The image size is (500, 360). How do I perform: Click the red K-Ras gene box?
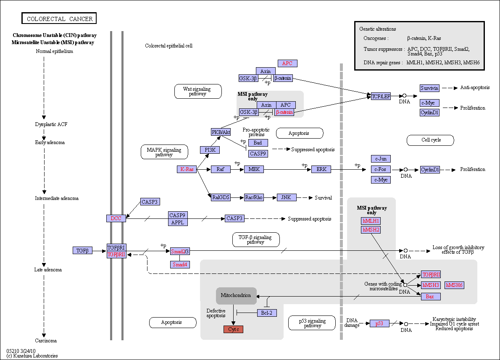pyautogui.click(x=187, y=169)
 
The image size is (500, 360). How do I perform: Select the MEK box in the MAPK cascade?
pyautogui.click(x=254, y=169)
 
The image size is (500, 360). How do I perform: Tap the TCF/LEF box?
pyautogui.click(x=381, y=96)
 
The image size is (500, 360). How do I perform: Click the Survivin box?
pyautogui.click(x=429, y=88)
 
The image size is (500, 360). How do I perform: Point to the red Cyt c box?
pyautogui.click(x=234, y=329)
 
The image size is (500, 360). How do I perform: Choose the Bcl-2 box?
pyautogui.click(x=267, y=313)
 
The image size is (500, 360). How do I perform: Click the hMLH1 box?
pyautogui.click(x=371, y=221)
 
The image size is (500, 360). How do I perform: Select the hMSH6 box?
pyautogui.click(x=454, y=285)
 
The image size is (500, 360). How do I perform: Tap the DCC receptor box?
pyautogui.click(x=116, y=218)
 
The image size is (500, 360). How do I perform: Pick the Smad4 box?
pyautogui.click(x=180, y=264)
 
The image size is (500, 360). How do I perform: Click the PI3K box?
pyautogui.click(x=210, y=150)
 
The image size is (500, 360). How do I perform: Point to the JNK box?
pyautogui.click(x=287, y=197)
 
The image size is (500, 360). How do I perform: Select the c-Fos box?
pyautogui.click(x=381, y=169)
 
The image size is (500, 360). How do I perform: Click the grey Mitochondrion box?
pyautogui.click(x=236, y=296)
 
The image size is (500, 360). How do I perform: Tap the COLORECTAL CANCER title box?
pyautogui.click(x=59, y=18)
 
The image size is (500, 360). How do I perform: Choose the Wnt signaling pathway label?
pyautogui.click(x=198, y=91)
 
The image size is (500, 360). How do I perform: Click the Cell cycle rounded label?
pyautogui.click(x=431, y=140)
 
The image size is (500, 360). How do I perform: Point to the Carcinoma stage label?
pyautogui.click(x=46, y=341)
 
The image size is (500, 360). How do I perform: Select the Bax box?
pyautogui.click(x=431, y=297)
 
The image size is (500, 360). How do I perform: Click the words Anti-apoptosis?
pyautogui.click(x=475, y=87)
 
